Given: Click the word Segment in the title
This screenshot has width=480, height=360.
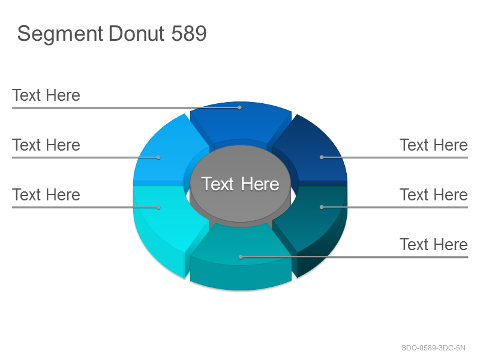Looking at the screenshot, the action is [x=61, y=34].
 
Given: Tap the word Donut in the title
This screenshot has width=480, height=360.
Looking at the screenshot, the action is [x=137, y=33].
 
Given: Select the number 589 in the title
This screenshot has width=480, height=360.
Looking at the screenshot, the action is [x=189, y=33].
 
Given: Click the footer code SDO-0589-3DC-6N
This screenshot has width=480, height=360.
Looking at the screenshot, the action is [x=433, y=348].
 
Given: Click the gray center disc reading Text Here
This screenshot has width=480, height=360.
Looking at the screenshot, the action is [x=241, y=184].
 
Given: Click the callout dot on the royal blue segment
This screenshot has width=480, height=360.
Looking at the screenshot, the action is [x=239, y=108].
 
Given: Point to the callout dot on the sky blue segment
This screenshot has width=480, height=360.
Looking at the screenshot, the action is [x=158, y=157].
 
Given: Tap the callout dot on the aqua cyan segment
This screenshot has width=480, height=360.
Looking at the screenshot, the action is [x=158, y=207].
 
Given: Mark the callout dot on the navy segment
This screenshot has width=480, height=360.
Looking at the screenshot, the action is [x=322, y=157].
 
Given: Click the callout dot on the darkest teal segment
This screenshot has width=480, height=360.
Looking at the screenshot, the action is [x=322, y=207].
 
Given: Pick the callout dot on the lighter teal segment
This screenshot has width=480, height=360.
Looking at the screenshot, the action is [x=241, y=257].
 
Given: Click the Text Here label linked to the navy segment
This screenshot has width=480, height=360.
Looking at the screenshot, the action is [x=433, y=145].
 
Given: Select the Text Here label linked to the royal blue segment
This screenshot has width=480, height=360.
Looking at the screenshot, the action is [x=46, y=95].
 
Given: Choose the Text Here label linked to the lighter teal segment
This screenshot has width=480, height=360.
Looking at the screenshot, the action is [x=433, y=244].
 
